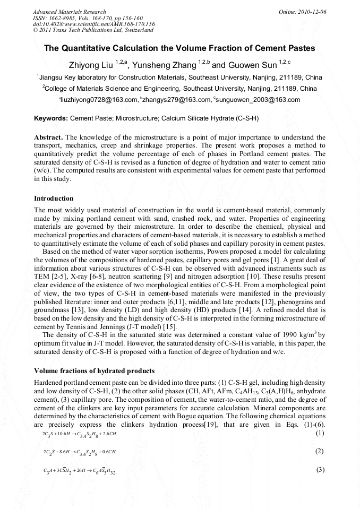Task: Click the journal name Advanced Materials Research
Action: (x=70, y=12)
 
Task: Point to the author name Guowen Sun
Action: (x=252, y=65)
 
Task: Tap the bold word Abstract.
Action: (x=48, y=137)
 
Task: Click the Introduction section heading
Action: (x=54, y=199)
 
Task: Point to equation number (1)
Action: (x=320, y=433)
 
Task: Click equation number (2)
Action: (x=320, y=451)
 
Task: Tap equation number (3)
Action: (x=320, y=470)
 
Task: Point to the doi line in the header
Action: (x=93, y=24)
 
